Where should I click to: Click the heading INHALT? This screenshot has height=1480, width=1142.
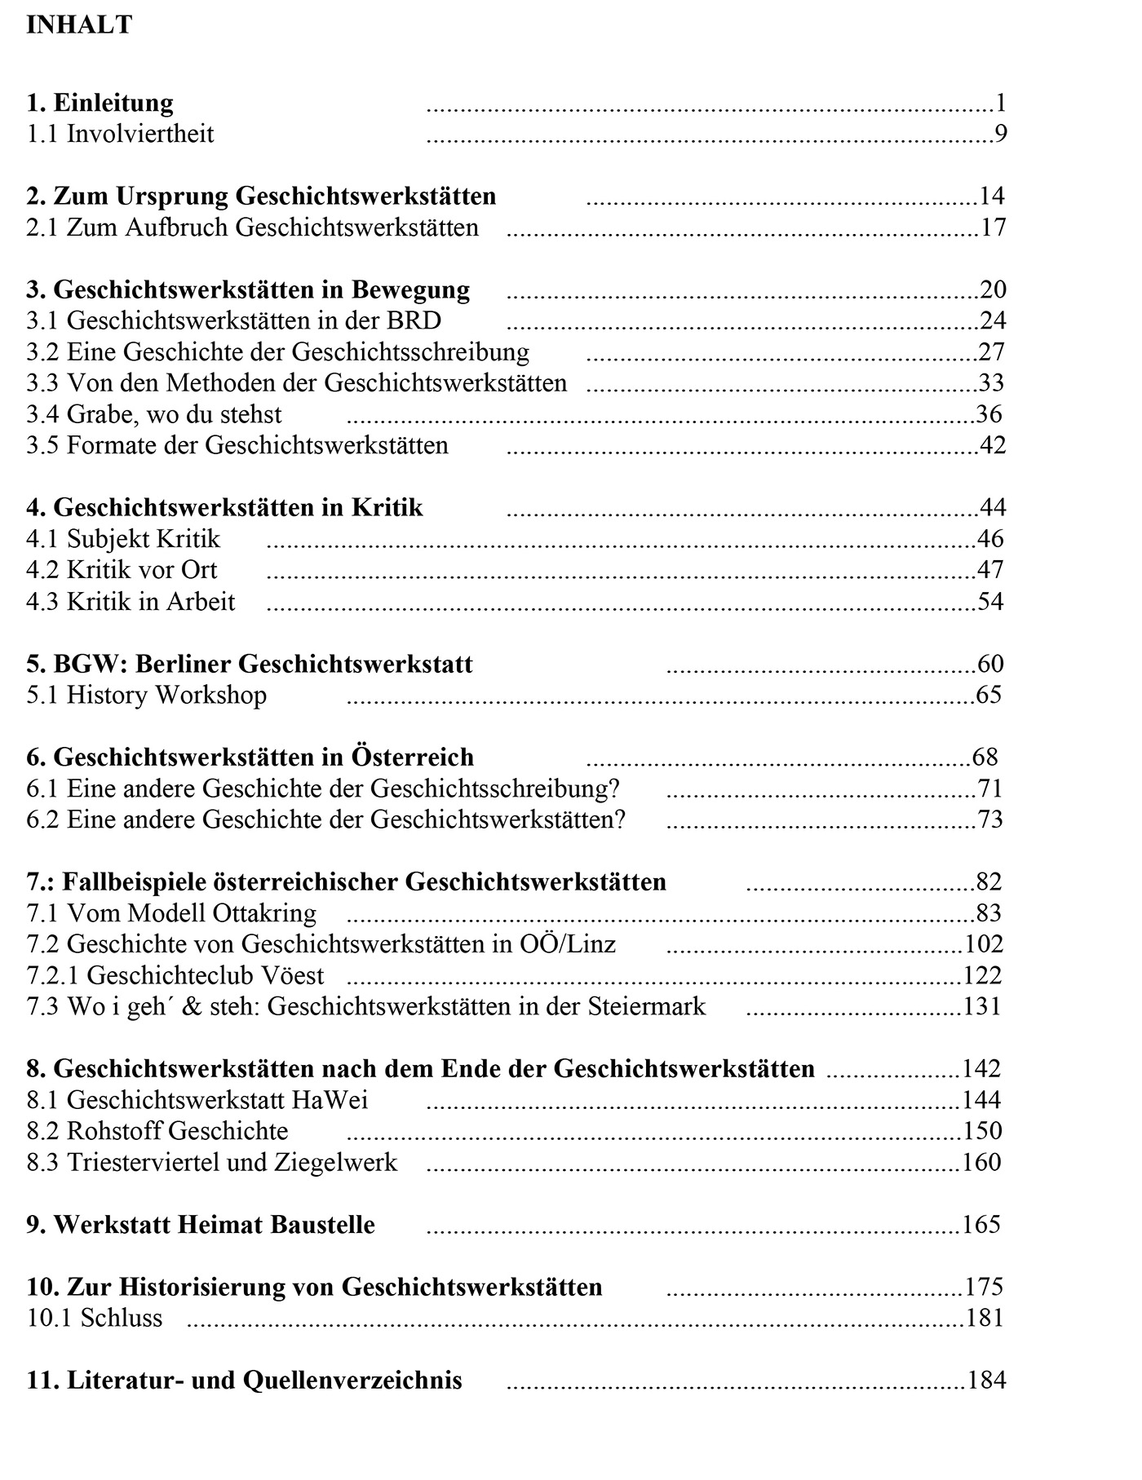click(x=78, y=24)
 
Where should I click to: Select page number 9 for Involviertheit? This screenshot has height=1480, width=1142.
click(x=1000, y=134)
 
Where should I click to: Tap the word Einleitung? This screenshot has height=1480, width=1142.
click(x=113, y=103)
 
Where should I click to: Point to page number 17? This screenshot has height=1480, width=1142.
click(x=993, y=228)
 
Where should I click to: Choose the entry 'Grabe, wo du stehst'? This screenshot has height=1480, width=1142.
click(x=174, y=414)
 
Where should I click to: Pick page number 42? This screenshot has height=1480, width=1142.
click(x=992, y=445)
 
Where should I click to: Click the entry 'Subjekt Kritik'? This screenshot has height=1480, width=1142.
click(x=143, y=539)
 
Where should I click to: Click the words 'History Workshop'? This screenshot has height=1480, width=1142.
click(x=166, y=695)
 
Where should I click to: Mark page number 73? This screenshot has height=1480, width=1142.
click(x=989, y=820)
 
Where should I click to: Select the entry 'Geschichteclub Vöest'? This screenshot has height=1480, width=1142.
click(x=205, y=975)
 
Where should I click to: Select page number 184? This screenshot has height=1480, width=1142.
click(x=986, y=1381)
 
